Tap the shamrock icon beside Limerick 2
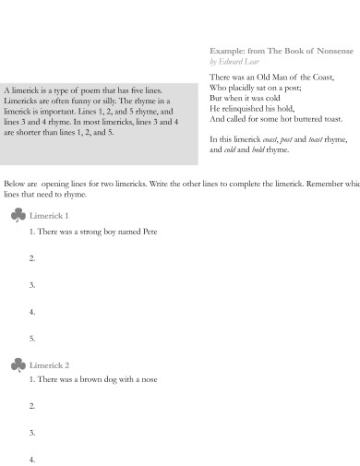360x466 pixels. click(x=17, y=365)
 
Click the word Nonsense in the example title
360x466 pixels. click(x=320, y=49)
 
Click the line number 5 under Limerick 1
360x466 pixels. click(x=32, y=339)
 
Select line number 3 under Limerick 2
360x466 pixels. click(x=32, y=432)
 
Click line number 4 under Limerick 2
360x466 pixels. click(x=32, y=459)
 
